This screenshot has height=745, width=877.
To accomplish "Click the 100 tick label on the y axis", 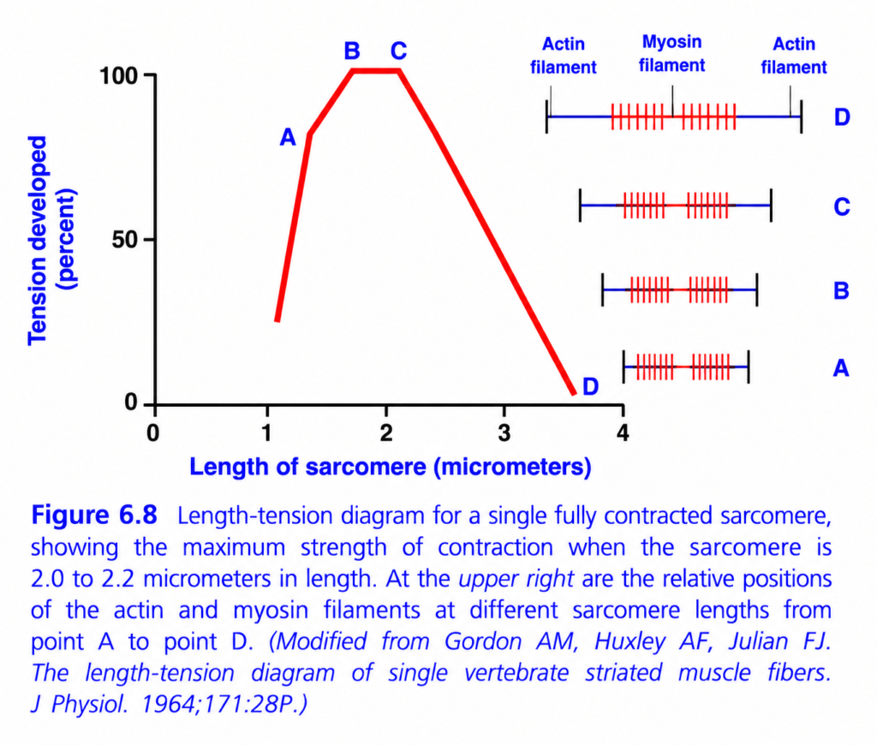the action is point(118,75).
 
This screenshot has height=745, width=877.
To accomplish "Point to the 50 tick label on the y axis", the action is point(125,240).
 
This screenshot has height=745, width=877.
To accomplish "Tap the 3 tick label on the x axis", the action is point(504,433).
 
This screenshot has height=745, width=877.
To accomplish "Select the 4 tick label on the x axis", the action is point(623,433).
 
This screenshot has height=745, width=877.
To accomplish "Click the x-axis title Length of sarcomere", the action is point(391,467).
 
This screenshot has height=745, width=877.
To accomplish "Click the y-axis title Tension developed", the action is point(38,241).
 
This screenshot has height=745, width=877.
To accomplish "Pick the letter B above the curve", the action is point(352,51).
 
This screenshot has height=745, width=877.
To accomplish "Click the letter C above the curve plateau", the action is point(398,51).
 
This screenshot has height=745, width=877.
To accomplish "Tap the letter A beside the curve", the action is point(288,137).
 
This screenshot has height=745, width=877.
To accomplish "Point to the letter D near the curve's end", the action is point(591,386).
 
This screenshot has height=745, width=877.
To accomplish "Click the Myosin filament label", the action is point(671,54).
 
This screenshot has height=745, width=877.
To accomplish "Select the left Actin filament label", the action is point(564,56).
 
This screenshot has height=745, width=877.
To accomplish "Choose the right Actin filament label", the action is point(794,56).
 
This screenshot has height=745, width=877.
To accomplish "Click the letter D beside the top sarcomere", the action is point(842,117).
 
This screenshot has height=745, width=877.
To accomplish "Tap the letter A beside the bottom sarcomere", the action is point(841,368).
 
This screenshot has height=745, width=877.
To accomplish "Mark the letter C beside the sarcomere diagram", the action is point(842,207).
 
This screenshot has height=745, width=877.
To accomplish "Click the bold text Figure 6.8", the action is point(94,516).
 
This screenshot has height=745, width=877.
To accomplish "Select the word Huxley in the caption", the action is point(629,641).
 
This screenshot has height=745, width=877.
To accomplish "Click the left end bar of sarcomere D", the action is point(546,117).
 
